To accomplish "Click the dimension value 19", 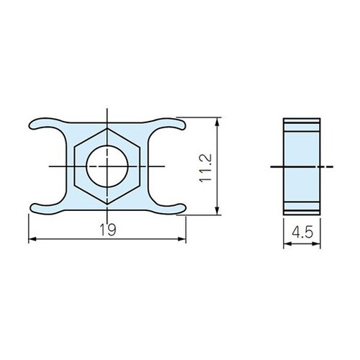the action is (108, 230).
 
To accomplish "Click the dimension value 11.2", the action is (206, 168).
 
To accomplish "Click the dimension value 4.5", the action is (302, 232).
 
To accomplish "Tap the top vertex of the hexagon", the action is (107, 129).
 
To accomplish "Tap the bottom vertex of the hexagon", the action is (107, 204).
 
